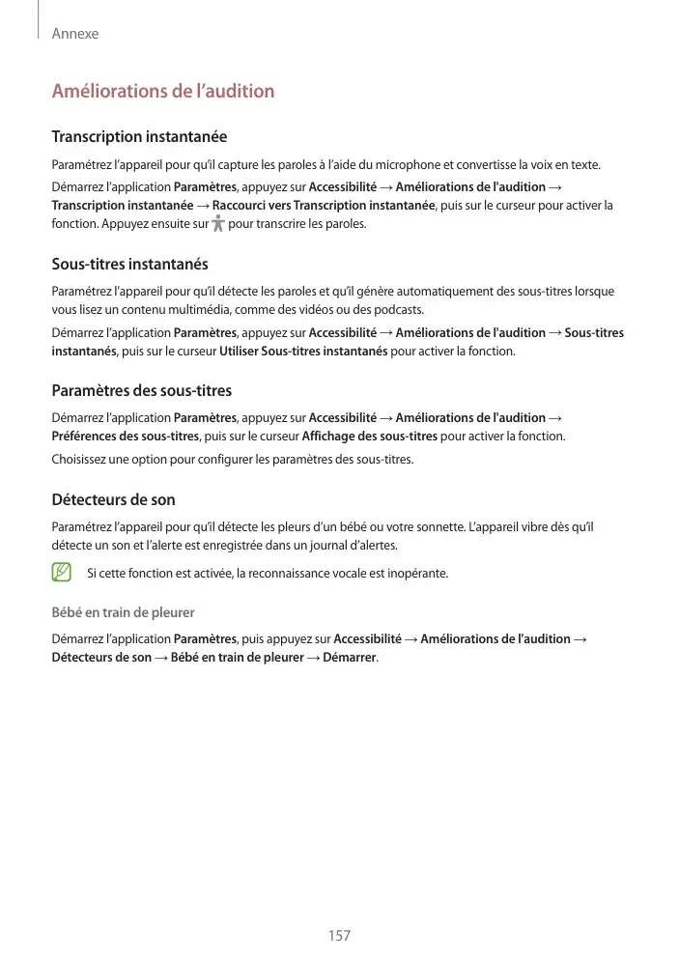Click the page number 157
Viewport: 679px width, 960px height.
[339, 935]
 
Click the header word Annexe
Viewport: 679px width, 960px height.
[75, 34]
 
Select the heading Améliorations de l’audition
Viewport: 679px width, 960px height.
[163, 92]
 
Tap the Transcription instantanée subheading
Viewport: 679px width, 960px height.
[139, 137]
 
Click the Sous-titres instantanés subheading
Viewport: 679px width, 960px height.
[129, 264]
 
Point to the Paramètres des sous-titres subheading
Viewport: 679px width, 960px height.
[141, 391]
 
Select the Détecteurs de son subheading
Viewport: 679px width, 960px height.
[113, 500]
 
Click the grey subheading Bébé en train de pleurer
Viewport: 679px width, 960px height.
[123, 612]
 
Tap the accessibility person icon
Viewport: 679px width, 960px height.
[215, 224]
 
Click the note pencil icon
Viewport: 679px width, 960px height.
[62, 573]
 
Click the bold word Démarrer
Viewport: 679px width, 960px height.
[350, 658]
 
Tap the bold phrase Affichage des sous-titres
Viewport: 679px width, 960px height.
[370, 437]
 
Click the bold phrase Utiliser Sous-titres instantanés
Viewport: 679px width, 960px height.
[304, 352]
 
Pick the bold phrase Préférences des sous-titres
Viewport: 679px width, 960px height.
[126, 437]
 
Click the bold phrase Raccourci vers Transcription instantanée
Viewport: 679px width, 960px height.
[324, 206]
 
